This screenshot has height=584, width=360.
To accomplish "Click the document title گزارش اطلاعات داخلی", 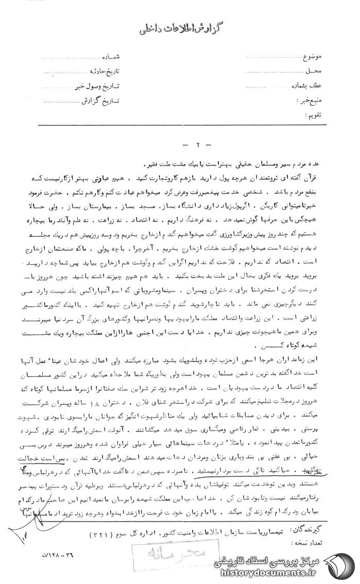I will coord(180,29).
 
